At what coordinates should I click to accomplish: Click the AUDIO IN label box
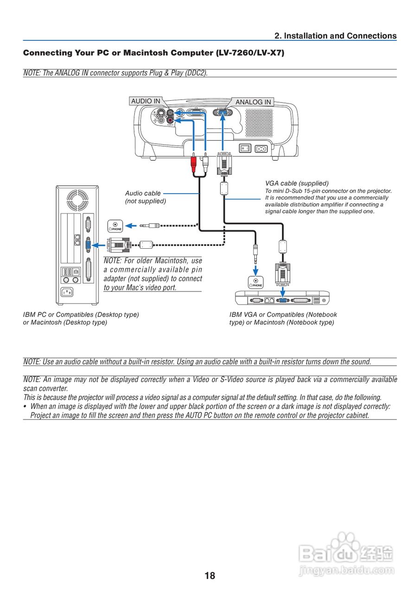click(146, 101)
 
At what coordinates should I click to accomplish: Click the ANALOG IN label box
click(253, 102)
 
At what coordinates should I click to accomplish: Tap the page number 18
click(210, 576)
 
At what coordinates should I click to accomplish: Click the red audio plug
click(193, 164)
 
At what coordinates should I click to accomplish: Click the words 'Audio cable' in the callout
click(143, 193)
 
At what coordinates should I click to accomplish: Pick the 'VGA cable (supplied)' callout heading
click(297, 183)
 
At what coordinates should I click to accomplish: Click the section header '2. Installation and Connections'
click(335, 36)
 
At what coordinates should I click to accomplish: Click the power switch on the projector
click(244, 149)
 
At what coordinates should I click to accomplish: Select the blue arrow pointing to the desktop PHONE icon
click(132, 226)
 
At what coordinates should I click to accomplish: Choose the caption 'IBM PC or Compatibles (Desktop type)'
click(81, 315)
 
